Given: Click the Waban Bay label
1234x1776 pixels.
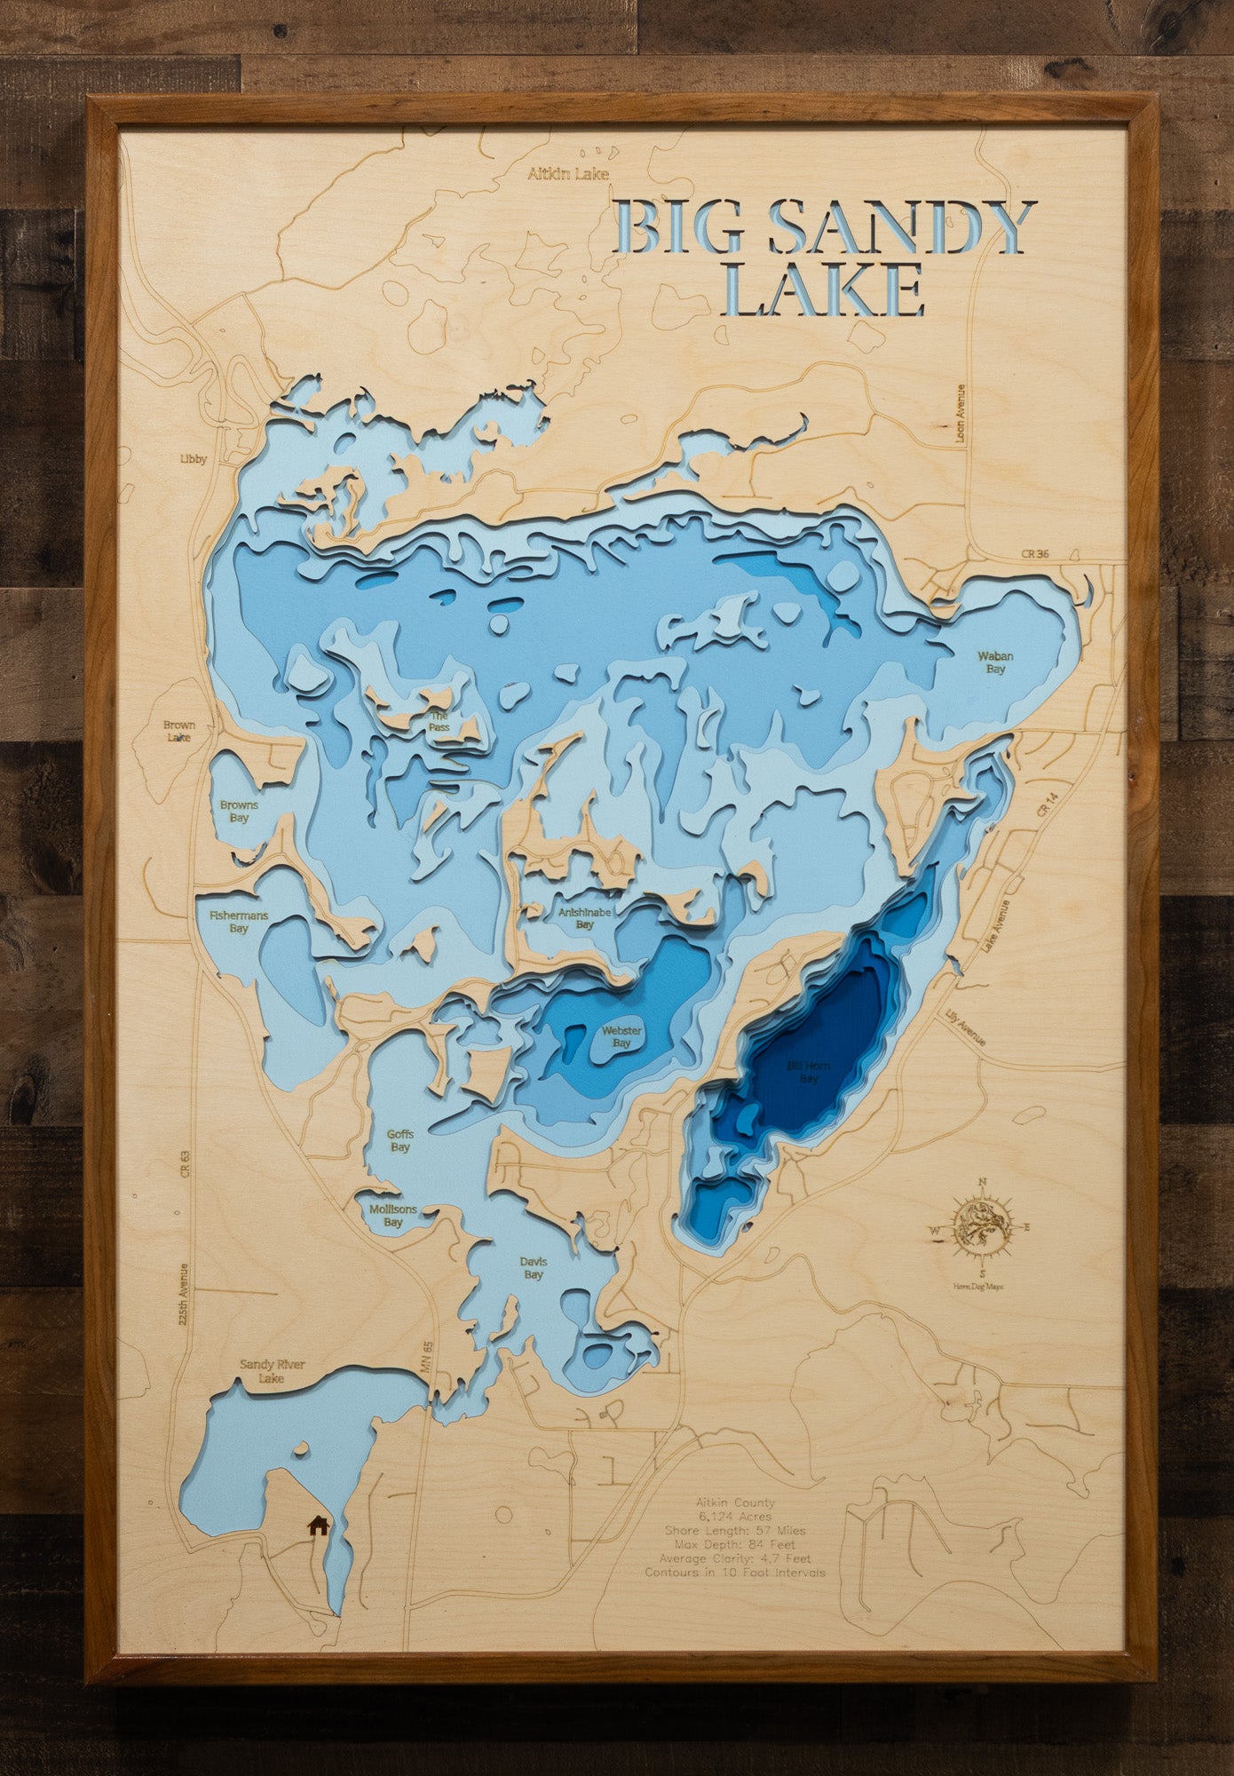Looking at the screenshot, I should click(995, 662).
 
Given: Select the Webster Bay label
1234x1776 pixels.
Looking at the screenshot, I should click(621, 1036).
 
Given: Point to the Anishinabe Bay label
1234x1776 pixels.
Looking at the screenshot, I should click(583, 917).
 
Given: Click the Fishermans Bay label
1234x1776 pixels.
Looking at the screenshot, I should click(238, 921).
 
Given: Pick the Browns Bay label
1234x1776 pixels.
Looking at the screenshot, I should click(239, 812).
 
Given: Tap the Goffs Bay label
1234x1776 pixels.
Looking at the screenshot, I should click(399, 1140).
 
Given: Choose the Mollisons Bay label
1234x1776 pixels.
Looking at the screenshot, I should click(392, 1216).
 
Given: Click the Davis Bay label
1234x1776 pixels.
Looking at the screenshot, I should click(533, 1268).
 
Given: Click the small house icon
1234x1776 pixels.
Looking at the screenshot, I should click(317, 1526).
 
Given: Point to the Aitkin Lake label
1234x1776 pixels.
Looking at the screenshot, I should click(568, 174).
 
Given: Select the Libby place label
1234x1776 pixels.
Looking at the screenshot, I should click(193, 459).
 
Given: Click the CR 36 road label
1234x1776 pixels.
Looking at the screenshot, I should click(1034, 554).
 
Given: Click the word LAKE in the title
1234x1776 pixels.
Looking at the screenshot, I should click(823, 290).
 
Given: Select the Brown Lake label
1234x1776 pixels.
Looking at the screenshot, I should click(178, 731).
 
